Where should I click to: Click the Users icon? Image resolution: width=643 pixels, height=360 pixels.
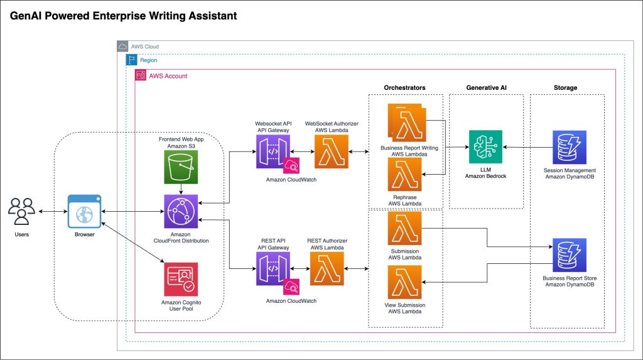pos(21,212)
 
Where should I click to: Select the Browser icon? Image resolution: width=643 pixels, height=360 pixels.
pos(84,212)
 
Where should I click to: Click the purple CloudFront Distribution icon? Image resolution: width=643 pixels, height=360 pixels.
pos(181,212)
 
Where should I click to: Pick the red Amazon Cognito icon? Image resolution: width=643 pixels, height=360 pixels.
pos(181,278)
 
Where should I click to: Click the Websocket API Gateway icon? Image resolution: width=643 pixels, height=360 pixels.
pos(273,151)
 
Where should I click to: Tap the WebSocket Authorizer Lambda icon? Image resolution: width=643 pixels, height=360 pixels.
pos(331,151)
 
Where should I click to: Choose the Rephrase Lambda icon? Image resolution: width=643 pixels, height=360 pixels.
pos(405,175)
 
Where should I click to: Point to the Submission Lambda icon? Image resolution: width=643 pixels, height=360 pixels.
pos(406,229)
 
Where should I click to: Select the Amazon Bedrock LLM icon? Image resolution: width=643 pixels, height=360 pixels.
pos(485,147)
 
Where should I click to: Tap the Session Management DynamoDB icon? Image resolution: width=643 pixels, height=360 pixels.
pos(569,147)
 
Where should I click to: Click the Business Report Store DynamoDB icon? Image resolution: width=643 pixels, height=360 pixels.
pos(569,254)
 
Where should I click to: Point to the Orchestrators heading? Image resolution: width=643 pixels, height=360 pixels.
pos(404,87)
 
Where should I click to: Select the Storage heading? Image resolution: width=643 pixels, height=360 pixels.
pos(566,87)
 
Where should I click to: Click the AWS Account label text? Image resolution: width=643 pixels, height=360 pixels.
pos(168,76)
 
